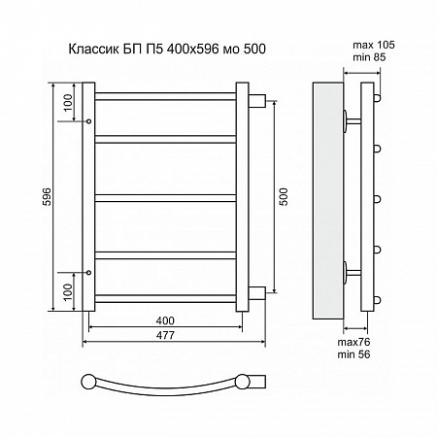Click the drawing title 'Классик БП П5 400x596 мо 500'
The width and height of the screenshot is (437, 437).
coord(167,49)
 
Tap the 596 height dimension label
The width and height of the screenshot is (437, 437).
coord(48,196)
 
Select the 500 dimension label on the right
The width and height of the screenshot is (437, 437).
coord(284,197)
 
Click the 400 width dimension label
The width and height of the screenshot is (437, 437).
coord(165,320)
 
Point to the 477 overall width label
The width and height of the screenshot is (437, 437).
coord(165,335)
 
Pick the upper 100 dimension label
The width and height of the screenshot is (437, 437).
coord(68,102)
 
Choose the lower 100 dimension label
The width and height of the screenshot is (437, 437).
coord(68,292)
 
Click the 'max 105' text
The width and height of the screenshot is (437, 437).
coord(374,45)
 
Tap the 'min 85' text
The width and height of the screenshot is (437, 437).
coord(369,57)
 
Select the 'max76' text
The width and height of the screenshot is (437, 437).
coord(353,342)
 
